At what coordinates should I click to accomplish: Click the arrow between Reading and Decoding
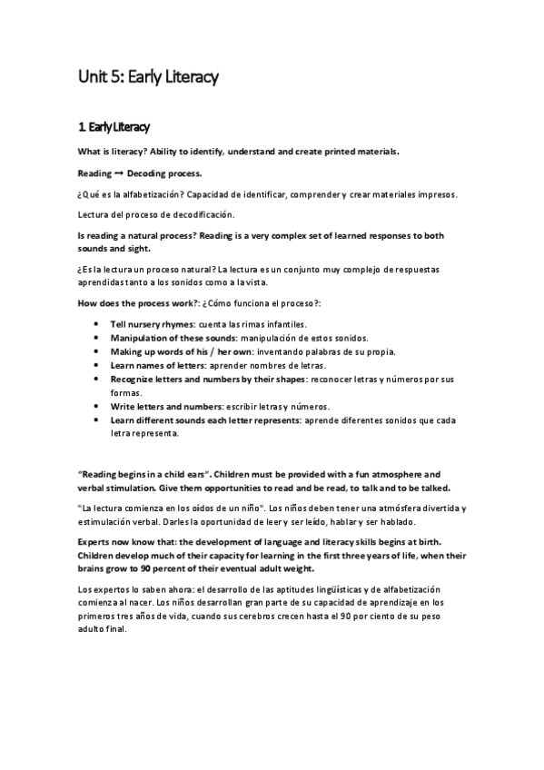tap(118, 173)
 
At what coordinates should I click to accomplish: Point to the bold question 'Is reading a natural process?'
tap(149, 235)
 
